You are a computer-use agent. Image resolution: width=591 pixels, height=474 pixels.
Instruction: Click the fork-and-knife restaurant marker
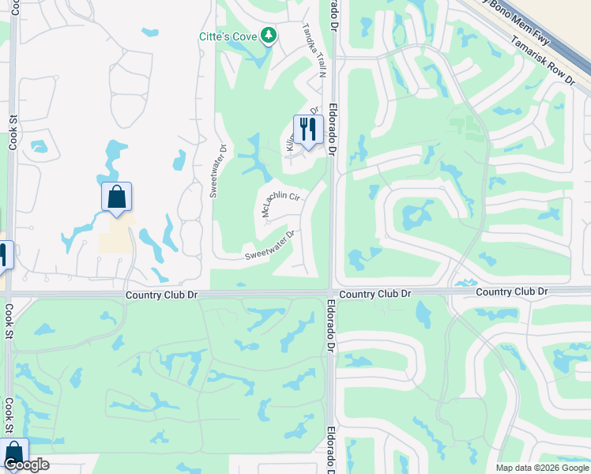click(x=308, y=130)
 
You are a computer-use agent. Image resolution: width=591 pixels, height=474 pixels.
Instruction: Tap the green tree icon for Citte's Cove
click(x=269, y=35)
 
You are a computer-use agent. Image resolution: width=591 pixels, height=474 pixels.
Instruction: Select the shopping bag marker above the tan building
click(x=117, y=197)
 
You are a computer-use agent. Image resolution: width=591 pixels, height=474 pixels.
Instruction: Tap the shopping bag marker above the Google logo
click(x=13, y=453)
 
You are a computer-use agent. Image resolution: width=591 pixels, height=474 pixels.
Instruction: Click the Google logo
click(x=26, y=465)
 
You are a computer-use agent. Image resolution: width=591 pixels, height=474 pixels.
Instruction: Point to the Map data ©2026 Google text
click(x=541, y=468)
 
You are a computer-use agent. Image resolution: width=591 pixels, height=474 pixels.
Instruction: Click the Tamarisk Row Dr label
click(x=543, y=60)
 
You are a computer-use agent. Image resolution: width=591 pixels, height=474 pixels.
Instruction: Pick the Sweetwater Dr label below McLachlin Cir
click(x=269, y=244)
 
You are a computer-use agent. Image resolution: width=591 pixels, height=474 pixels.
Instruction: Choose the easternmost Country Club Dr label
click(x=511, y=292)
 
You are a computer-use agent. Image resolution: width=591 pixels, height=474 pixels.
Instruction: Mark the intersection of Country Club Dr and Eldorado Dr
click(x=331, y=293)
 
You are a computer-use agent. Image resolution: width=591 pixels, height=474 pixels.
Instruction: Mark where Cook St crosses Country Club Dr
click(x=9, y=295)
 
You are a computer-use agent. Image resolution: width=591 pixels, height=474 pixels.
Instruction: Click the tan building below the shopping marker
click(x=116, y=234)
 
